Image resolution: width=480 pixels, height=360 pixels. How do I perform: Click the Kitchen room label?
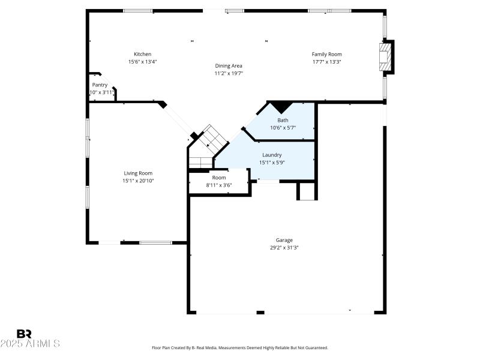click(142, 55)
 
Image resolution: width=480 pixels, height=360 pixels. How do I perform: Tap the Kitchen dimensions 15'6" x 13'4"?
click(142, 62)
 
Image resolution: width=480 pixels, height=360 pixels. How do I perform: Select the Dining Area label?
click(229, 66)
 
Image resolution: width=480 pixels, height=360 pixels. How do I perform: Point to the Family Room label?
click(326, 55)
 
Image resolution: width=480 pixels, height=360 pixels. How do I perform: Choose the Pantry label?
click(100, 85)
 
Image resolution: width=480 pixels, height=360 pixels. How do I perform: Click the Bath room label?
click(283, 121)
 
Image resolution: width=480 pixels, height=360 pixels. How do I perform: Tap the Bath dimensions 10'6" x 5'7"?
click(283, 128)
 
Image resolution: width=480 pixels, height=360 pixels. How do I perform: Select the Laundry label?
click(272, 155)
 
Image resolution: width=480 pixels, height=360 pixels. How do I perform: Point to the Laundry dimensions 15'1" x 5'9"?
click(272, 163)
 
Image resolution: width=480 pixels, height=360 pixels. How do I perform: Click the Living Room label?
click(138, 173)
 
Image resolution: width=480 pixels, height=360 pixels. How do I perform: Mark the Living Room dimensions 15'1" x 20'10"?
click(138, 181)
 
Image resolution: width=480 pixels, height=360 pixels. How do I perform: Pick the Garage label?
click(284, 241)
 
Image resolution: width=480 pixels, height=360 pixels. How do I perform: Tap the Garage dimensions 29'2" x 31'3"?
click(284, 248)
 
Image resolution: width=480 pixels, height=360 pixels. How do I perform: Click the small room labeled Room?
click(219, 178)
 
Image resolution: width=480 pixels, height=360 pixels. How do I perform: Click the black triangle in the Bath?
click(281, 107)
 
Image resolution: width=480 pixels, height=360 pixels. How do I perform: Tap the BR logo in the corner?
click(24, 334)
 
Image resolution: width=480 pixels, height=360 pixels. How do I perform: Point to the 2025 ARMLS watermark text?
click(30, 344)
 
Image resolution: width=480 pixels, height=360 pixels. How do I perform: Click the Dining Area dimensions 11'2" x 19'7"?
click(229, 73)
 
